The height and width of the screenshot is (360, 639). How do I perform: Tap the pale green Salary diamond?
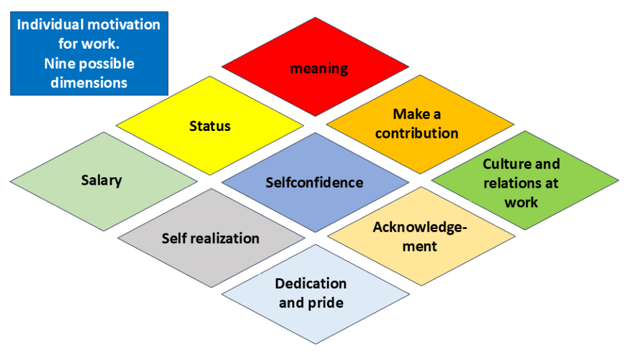[102, 181]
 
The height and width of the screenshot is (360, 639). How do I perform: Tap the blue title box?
[89, 53]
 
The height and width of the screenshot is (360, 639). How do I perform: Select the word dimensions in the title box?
[89, 82]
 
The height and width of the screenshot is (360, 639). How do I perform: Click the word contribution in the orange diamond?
[417, 134]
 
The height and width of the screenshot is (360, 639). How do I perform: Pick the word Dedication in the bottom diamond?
[311, 283]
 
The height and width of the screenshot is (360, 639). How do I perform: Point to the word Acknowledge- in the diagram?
[420, 227]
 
